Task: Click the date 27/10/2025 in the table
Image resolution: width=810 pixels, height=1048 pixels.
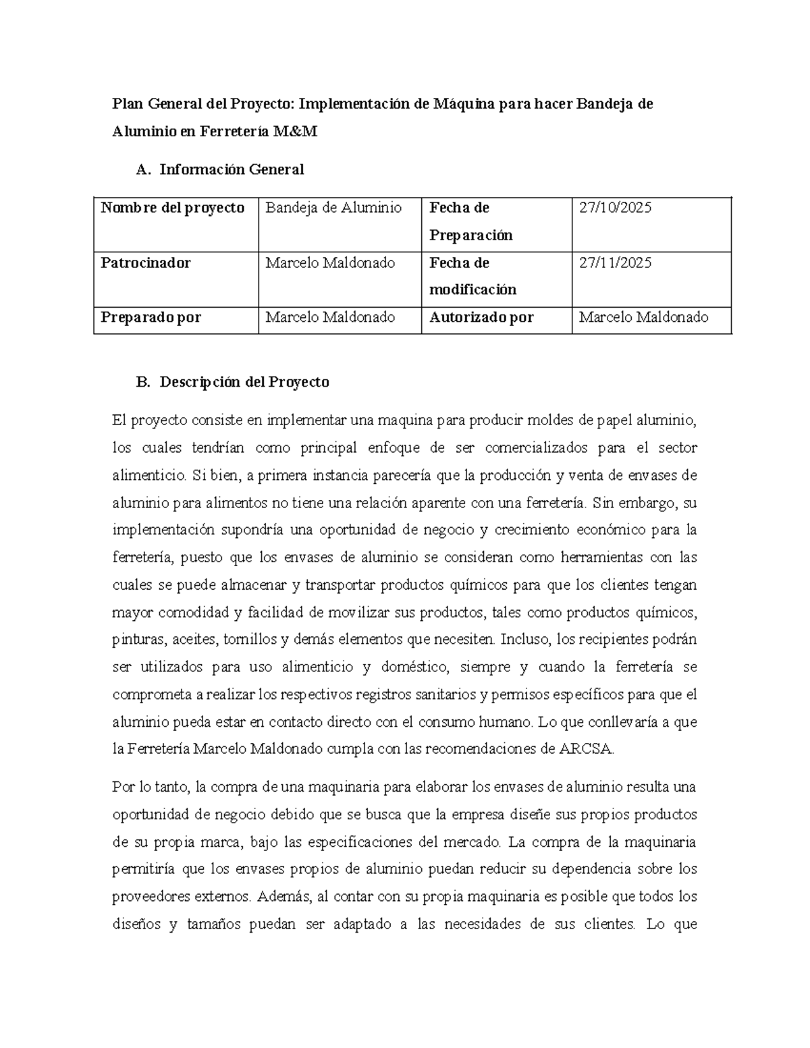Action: pyautogui.click(x=615, y=208)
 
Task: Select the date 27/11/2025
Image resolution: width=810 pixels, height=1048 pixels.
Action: pyautogui.click(x=615, y=263)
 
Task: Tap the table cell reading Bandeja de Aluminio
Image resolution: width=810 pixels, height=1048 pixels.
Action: pyautogui.click(x=333, y=208)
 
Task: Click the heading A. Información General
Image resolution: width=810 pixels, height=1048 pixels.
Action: pyautogui.click(x=219, y=169)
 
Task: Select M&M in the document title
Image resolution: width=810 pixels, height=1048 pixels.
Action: pyautogui.click(x=295, y=132)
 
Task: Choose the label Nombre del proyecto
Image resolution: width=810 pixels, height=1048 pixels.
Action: pyautogui.click(x=172, y=208)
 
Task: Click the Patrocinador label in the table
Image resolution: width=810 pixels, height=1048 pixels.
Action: pyautogui.click(x=146, y=263)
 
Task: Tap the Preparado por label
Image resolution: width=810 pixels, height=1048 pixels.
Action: pyautogui.click(x=151, y=317)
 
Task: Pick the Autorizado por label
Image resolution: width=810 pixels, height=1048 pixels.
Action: pyautogui.click(x=481, y=317)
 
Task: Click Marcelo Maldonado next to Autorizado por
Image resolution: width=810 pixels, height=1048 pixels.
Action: pyautogui.click(x=644, y=317)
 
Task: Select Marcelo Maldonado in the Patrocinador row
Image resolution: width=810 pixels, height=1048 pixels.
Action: pyautogui.click(x=330, y=263)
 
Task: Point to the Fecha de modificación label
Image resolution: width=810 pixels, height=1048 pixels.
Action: pyautogui.click(x=473, y=276)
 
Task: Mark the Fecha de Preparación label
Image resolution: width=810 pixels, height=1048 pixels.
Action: pyautogui.click(x=471, y=221)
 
